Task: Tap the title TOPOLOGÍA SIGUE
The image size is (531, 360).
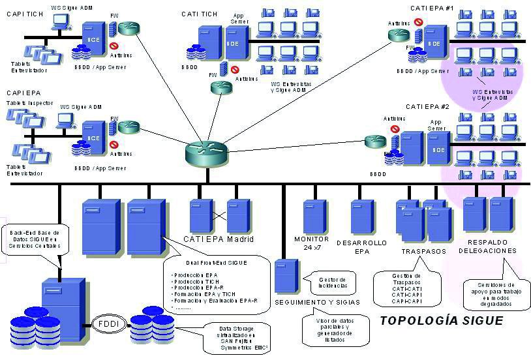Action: point(441,321)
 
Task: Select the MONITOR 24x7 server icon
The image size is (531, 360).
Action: point(315,216)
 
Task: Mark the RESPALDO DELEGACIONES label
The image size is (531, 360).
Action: point(487,246)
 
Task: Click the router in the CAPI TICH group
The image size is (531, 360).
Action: point(130,28)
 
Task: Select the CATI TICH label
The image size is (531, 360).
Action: point(200,14)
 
